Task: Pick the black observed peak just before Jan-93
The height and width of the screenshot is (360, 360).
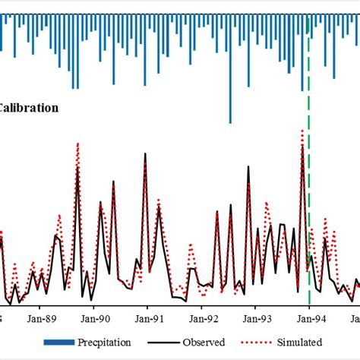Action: tap(248, 166)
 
